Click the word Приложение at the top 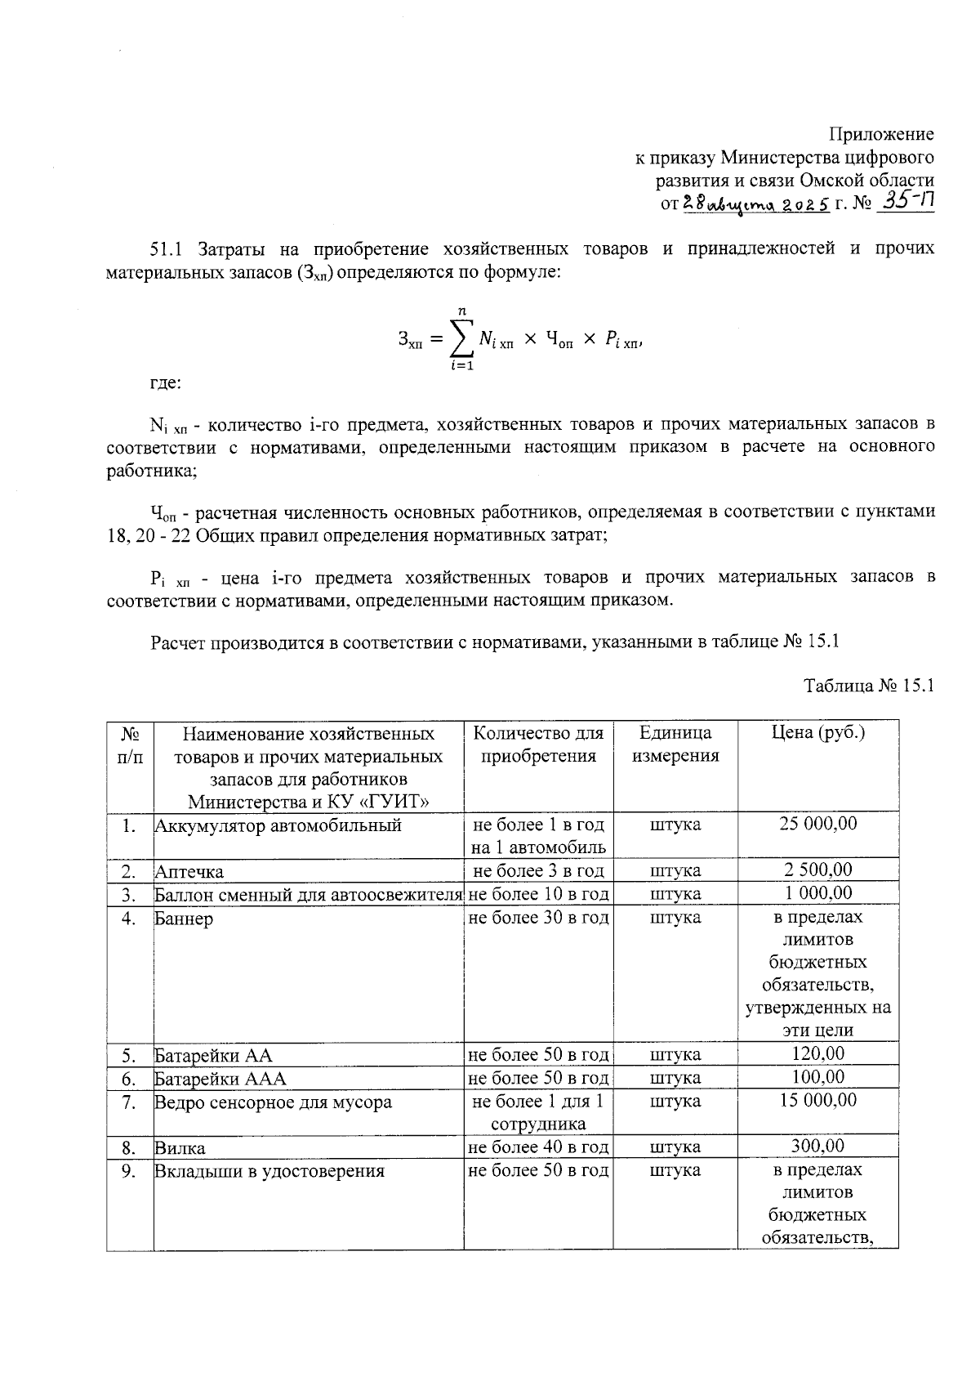(881, 134)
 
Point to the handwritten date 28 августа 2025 (755, 204)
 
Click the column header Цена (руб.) (817, 732)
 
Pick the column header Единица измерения (675, 744)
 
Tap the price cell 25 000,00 (817, 824)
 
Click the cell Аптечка (189, 872)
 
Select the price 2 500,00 (817, 870)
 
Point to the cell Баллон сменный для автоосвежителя (309, 895)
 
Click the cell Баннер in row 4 (184, 919)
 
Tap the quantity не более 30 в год (538, 918)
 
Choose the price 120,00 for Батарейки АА (817, 1054)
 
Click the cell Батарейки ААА (220, 1079)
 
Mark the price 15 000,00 (817, 1100)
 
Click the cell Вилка (180, 1147)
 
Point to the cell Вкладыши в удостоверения (269, 1171)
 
